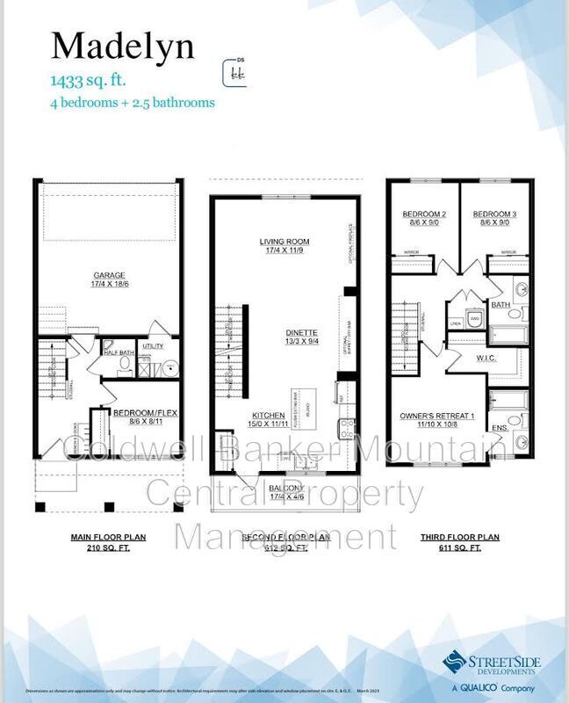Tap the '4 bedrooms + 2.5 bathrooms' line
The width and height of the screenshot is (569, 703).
coord(131,102)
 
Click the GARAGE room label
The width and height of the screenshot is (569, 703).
coord(110,274)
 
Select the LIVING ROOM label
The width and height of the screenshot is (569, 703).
coord(284,241)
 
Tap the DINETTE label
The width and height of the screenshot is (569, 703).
coord(301,333)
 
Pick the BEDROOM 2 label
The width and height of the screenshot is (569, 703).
coord(425,214)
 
